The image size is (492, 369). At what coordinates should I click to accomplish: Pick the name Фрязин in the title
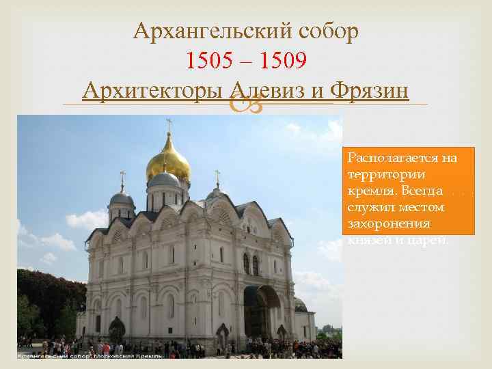coord(368,90)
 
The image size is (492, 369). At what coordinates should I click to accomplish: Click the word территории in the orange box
coord(380,174)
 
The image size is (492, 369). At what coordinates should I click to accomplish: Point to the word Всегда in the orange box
coord(424,191)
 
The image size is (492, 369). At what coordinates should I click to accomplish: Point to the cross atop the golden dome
coord(168,124)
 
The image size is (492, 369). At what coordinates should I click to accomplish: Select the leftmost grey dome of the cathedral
coord(122,199)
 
